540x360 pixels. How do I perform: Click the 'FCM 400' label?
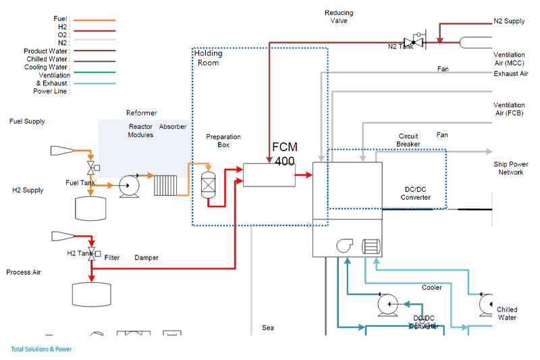click(285, 154)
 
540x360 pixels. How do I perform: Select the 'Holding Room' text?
click(208, 58)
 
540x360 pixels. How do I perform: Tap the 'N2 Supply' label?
click(509, 22)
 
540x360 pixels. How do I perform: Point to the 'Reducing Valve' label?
click(338, 17)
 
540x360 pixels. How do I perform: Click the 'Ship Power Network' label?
click(510, 168)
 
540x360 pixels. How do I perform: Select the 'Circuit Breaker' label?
click(408, 140)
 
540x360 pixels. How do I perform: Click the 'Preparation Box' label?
click(223, 140)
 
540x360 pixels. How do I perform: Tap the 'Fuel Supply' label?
click(27, 122)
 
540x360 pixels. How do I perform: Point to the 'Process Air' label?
click(24, 272)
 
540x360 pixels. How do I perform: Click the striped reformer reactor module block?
click(165, 185)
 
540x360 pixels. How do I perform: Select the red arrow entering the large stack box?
click(304, 175)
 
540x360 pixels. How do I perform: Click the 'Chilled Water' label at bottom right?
click(507, 313)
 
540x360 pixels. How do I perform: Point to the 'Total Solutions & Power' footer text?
click(41, 349)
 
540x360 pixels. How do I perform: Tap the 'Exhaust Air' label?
click(510, 74)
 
